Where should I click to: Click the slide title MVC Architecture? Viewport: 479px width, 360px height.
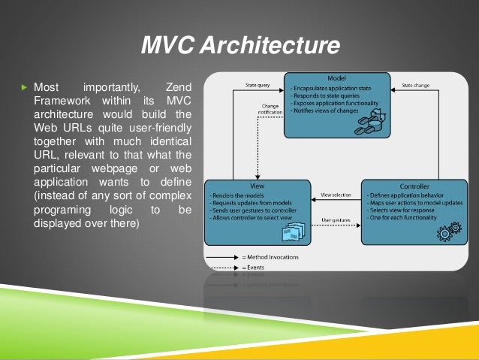(240, 47)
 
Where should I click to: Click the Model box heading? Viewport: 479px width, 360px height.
(336, 79)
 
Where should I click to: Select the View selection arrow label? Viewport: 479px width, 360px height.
(336, 194)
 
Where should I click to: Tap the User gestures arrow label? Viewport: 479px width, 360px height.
(336, 220)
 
